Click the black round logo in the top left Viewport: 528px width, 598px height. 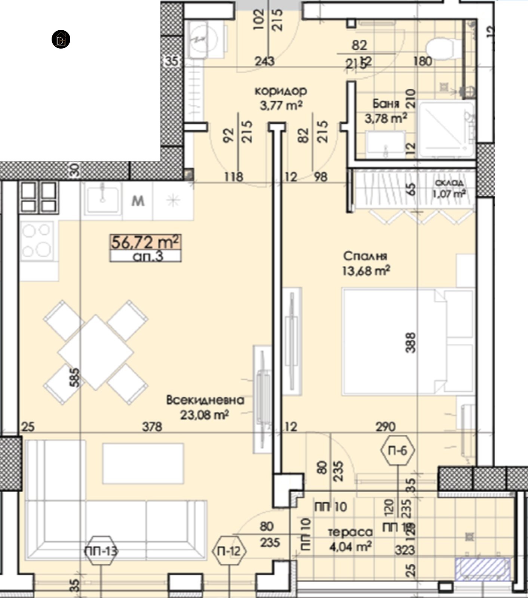[61, 39]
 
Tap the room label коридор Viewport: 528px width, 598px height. [281, 91]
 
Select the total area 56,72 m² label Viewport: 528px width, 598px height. [145, 242]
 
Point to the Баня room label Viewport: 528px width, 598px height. [386, 104]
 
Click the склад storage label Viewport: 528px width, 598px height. [449, 183]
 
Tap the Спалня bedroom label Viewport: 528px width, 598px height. [365, 256]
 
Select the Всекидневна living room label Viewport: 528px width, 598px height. [205, 400]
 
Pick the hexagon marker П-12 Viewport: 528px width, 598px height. [230, 551]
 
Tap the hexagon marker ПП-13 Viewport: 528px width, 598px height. [101, 551]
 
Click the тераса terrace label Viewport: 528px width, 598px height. [350, 532]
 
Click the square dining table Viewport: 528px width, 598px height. [96, 352]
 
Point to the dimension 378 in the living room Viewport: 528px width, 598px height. [152, 426]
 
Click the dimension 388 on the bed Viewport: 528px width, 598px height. [410, 342]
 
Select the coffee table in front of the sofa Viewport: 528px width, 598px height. [143, 463]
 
